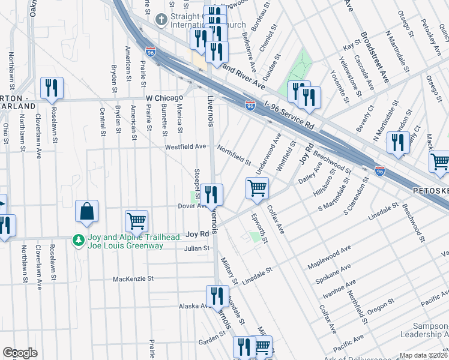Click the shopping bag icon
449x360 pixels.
[87, 211]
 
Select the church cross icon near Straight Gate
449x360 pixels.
[160, 20]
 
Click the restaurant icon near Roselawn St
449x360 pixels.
[52, 88]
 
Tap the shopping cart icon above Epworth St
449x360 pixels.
[257, 188]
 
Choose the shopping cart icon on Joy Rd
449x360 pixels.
[136, 220]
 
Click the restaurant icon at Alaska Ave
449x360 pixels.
[217, 296]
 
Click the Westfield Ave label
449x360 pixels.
[185, 146]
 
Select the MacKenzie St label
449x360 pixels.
[134, 279]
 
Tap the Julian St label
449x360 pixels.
[197, 248]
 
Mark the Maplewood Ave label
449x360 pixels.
[329, 257]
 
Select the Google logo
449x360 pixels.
[20, 353]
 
